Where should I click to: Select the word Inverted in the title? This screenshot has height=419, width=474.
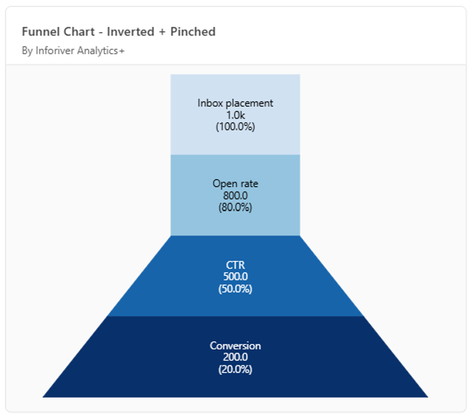[131, 32]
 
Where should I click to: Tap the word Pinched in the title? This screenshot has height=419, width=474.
[193, 32]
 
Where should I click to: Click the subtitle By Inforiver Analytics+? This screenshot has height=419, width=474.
[73, 51]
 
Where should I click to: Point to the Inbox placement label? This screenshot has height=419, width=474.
[235, 103]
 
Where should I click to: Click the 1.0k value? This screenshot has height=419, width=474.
[236, 115]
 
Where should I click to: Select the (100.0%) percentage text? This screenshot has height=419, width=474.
[236, 127]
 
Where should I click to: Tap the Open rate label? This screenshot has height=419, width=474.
[236, 184]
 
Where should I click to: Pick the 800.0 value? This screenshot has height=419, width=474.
[236, 195]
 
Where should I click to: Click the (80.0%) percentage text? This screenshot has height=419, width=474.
[236, 207]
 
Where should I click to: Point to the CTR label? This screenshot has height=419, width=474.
[236, 265]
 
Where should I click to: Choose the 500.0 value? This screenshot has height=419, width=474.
[236, 277]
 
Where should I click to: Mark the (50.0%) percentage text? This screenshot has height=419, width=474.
[236, 289]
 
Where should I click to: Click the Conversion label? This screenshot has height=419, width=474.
[236, 346]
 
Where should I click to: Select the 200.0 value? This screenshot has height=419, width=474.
[236, 357]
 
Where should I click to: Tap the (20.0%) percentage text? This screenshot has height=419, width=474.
[236, 370]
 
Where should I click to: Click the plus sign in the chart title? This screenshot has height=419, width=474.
[162, 32]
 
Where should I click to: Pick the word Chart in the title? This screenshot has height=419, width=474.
[79, 32]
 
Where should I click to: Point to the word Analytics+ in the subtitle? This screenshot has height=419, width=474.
[101, 51]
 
